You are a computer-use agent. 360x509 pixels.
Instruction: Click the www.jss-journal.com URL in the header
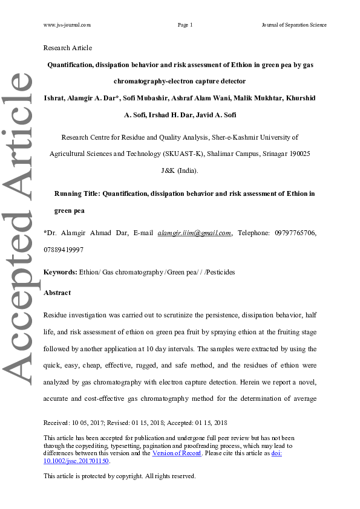67,25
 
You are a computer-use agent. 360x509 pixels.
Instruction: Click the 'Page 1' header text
185,25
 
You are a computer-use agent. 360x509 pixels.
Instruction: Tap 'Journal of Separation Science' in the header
294,25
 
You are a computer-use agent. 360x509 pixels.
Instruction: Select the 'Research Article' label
68,48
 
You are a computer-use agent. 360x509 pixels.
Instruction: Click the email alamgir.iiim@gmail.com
194,233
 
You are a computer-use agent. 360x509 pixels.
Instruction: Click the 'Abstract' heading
57,293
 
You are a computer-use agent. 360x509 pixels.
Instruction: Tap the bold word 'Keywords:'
60,272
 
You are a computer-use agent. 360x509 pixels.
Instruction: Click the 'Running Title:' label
77,193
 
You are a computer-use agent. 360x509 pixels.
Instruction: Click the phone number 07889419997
64,249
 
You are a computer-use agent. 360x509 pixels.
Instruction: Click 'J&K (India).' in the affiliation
180,170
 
